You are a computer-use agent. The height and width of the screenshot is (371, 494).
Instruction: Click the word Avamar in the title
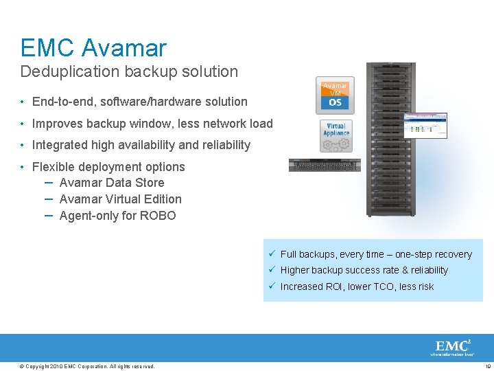123,48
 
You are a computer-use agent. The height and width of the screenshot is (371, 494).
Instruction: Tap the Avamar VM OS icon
335,95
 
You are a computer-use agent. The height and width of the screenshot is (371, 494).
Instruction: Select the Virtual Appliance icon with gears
336,135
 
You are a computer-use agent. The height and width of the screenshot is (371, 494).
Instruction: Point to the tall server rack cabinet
391,137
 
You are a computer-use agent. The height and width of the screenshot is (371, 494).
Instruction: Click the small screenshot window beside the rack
425,126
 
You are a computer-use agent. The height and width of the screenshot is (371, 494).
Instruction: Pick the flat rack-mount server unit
325,165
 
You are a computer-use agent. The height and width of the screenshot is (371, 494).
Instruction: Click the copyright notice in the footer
88,366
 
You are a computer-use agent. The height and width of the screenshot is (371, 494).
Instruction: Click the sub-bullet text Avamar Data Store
112,183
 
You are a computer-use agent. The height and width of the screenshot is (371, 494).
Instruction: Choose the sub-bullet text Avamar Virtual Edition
121,199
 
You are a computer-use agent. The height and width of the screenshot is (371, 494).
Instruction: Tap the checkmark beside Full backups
272,254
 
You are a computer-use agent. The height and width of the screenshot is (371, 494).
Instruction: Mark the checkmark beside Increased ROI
272,286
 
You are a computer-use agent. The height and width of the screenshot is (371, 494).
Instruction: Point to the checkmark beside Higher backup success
272,270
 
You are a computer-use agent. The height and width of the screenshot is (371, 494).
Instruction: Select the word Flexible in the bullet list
52,167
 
